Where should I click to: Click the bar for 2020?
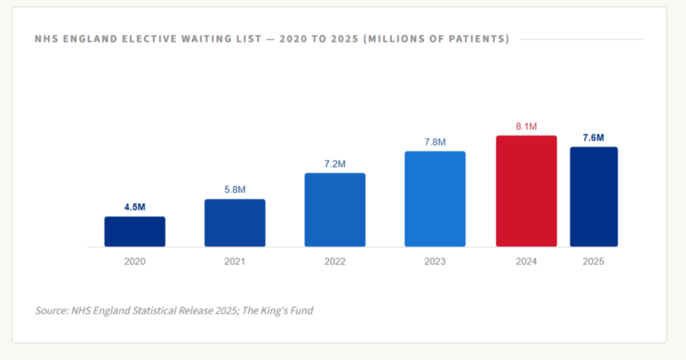(x=135, y=231)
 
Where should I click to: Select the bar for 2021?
(x=235, y=223)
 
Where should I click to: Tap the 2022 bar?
(x=335, y=210)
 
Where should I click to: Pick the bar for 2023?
(x=435, y=198)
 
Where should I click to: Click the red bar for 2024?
(x=526, y=191)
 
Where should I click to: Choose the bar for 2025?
(x=594, y=196)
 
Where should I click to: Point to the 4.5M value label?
(x=135, y=207)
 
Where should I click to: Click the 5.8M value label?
(x=235, y=190)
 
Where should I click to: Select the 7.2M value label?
(x=335, y=164)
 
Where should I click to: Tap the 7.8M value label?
(x=435, y=142)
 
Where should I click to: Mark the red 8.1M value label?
(x=526, y=126)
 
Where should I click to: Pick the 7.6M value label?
(x=594, y=138)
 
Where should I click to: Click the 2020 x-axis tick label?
(x=135, y=261)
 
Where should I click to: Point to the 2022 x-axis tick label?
(x=335, y=261)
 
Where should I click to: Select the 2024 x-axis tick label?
(x=526, y=261)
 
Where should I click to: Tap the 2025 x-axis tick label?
(x=594, y=261)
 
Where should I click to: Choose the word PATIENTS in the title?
(x=472, y=39)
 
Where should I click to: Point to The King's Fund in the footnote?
(x=281, y=310)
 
